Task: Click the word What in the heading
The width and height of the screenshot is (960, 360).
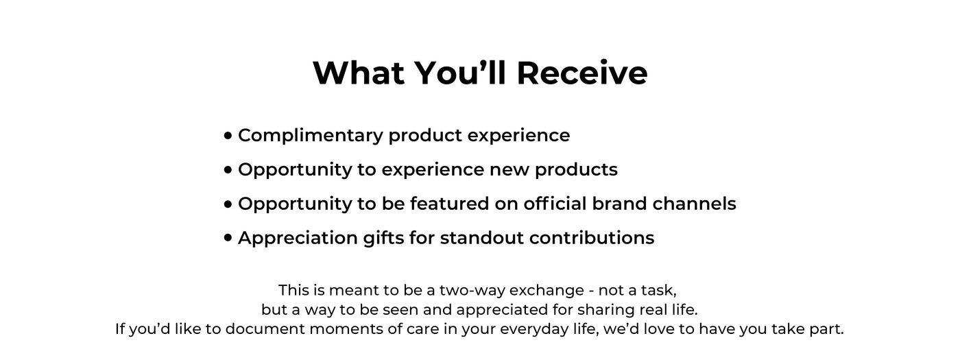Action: click(359, 73)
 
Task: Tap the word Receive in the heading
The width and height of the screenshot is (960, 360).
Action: click(582, 73)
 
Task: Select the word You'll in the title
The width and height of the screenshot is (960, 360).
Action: click(461, 73)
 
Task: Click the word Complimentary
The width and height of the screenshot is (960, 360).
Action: click(311, 136)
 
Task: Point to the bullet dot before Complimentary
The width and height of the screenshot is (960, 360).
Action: click(228, 136)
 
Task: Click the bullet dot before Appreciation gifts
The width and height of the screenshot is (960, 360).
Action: click(228, 238)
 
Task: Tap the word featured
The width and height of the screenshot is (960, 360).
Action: click(449, 204)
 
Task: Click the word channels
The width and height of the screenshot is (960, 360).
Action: click(694, 204)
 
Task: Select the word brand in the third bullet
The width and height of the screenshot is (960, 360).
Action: click(620, 204)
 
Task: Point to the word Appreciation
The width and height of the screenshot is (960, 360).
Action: click(298, 239)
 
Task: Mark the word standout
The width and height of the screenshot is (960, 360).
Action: click(481, 238)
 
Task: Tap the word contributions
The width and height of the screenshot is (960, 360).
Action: click(592, 238)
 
